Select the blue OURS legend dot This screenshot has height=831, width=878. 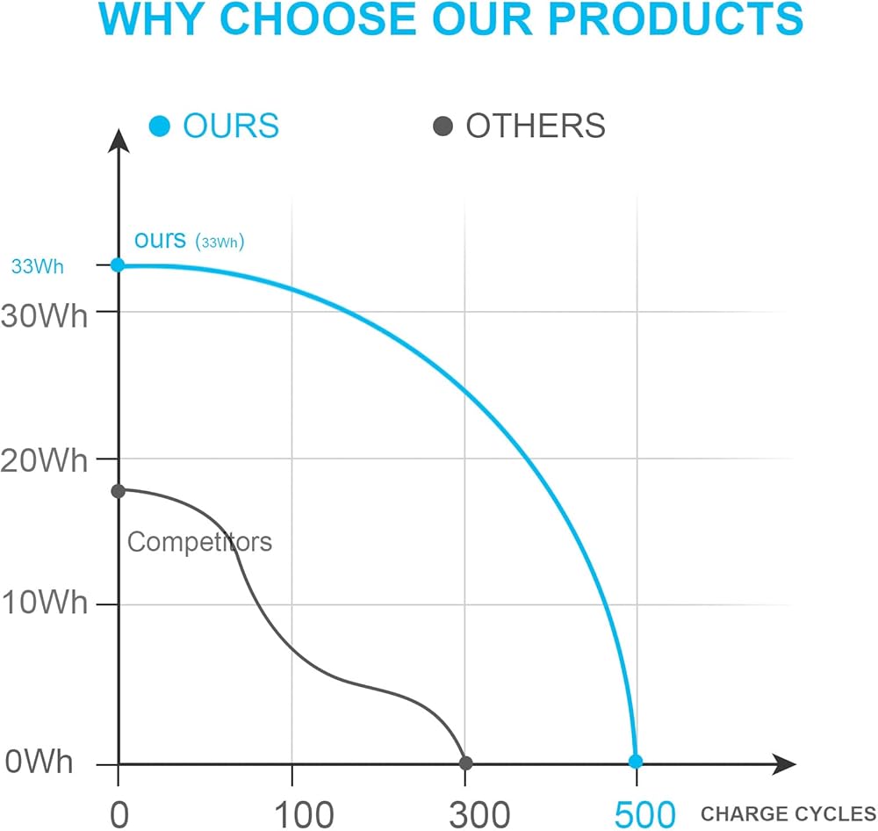pyautogui.click(x=159, y=126)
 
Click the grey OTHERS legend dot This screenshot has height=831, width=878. pyautogui.click(x=443, y=126)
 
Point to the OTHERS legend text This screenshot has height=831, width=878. pyautogui.click(x=536, y=126)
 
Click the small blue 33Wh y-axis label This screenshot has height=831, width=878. pyautogui.click(x=37, y=266)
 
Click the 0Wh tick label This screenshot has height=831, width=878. pyautogui.click(x=39, y=762)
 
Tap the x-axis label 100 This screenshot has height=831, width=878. pyautogui.click(x=292, y=813)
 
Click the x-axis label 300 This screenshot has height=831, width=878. pyautogui.click(x=466, y=813)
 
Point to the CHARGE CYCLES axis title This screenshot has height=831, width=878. pyautogui.click(x=787, y=813)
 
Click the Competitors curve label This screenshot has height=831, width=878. pyautogui.click(x=200, y=541)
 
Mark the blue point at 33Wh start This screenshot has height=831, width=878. pyautogui.click(x=118, y=264)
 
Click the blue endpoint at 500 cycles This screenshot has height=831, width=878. pyautogui.click(x=636, y=762)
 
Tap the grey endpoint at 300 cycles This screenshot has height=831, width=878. pyautogui.click(x=466, y=762)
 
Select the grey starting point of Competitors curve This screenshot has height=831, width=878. pyautogui.click(x=118, y=490)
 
